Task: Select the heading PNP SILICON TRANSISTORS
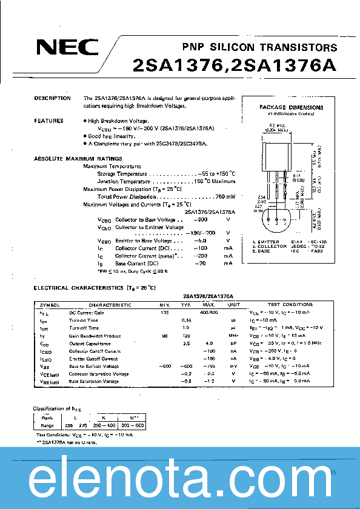point(259,47)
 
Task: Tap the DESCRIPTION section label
point(52,98)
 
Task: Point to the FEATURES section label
point(48,121)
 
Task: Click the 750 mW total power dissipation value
point(225,196)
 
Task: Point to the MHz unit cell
point(233,335)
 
